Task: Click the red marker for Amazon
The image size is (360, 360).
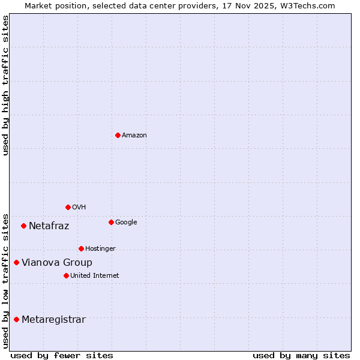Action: point(118,135)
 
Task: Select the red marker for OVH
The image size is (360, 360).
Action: point(68,207)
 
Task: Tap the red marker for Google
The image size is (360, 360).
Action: point(111,222)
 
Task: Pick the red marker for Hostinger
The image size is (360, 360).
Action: point(81,248)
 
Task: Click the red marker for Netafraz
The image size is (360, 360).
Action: point(23,226)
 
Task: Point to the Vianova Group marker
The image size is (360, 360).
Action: point(17,262)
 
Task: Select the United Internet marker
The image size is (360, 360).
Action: point(66,275)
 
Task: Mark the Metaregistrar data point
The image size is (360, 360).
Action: point(16,319)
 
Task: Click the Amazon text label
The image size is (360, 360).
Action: point(134,136)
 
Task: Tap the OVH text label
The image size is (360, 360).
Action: point(79,208)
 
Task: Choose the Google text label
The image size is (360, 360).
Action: point(126,223)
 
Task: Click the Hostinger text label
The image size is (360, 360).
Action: point(100,249)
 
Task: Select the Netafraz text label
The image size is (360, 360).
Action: point(49,226)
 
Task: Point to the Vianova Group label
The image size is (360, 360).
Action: point(57,263)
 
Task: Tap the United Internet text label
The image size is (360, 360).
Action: point(95,276)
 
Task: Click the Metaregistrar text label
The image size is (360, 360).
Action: point(53,320)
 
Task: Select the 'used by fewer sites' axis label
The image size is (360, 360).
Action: point(62,355)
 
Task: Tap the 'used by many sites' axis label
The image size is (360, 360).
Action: point(301,355)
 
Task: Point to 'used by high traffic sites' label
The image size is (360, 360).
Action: point(5,85)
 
